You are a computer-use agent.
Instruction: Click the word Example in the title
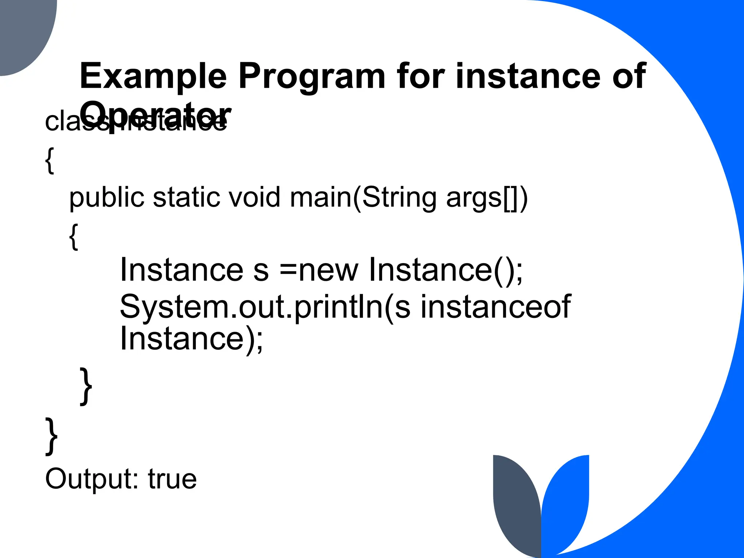[153, 76]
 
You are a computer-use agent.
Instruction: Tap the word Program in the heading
[311, 76]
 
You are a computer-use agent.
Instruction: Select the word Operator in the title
[155, 113]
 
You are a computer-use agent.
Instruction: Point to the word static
[187, 198]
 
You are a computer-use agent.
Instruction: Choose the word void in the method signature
[254, 198]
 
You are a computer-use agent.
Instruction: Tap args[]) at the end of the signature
[487, 198]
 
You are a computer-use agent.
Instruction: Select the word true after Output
[172, 479]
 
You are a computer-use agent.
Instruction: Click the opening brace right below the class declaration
[50, 161]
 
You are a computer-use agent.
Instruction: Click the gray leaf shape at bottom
[516, 505]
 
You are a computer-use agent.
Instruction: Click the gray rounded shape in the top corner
[25, 33]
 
